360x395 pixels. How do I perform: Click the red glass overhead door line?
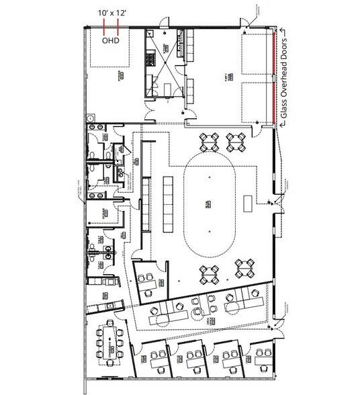pyautogui.click(x=274, y=75)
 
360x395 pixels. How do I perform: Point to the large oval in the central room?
pyautogui.click(x=210, y=203)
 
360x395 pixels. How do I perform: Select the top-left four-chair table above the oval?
pyautogui.click(x=210, y=141)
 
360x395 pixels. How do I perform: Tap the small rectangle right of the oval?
pyautogui.click(x=249, y=202)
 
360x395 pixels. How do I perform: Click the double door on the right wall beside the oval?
pyautogui.click(x=275, y=202)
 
